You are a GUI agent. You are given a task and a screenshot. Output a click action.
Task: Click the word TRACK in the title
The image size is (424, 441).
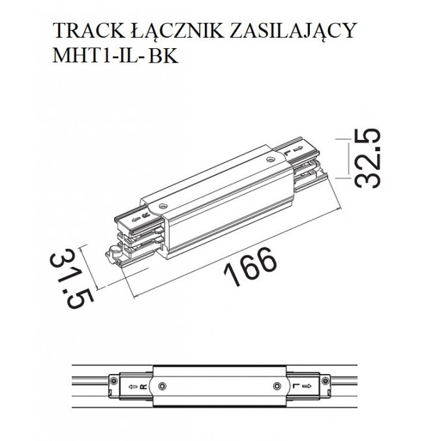(x=89, y=31)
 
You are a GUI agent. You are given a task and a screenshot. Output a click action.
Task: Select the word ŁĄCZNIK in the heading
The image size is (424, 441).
(x=177, y=31)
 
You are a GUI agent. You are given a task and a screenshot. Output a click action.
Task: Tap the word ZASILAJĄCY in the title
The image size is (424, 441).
(x=294, y=31)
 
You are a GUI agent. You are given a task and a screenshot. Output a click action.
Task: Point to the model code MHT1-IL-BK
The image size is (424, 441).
(x=115, y=55)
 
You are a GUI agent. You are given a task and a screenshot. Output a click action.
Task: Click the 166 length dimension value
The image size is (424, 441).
(x=250, y=266)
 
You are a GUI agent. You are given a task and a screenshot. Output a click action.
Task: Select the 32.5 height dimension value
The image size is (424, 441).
(x=367, y=158)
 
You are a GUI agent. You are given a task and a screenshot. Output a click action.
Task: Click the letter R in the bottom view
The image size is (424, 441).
(x=143, y=386)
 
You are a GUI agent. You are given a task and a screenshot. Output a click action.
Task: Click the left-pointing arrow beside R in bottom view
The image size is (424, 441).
(x=133, y=386)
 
